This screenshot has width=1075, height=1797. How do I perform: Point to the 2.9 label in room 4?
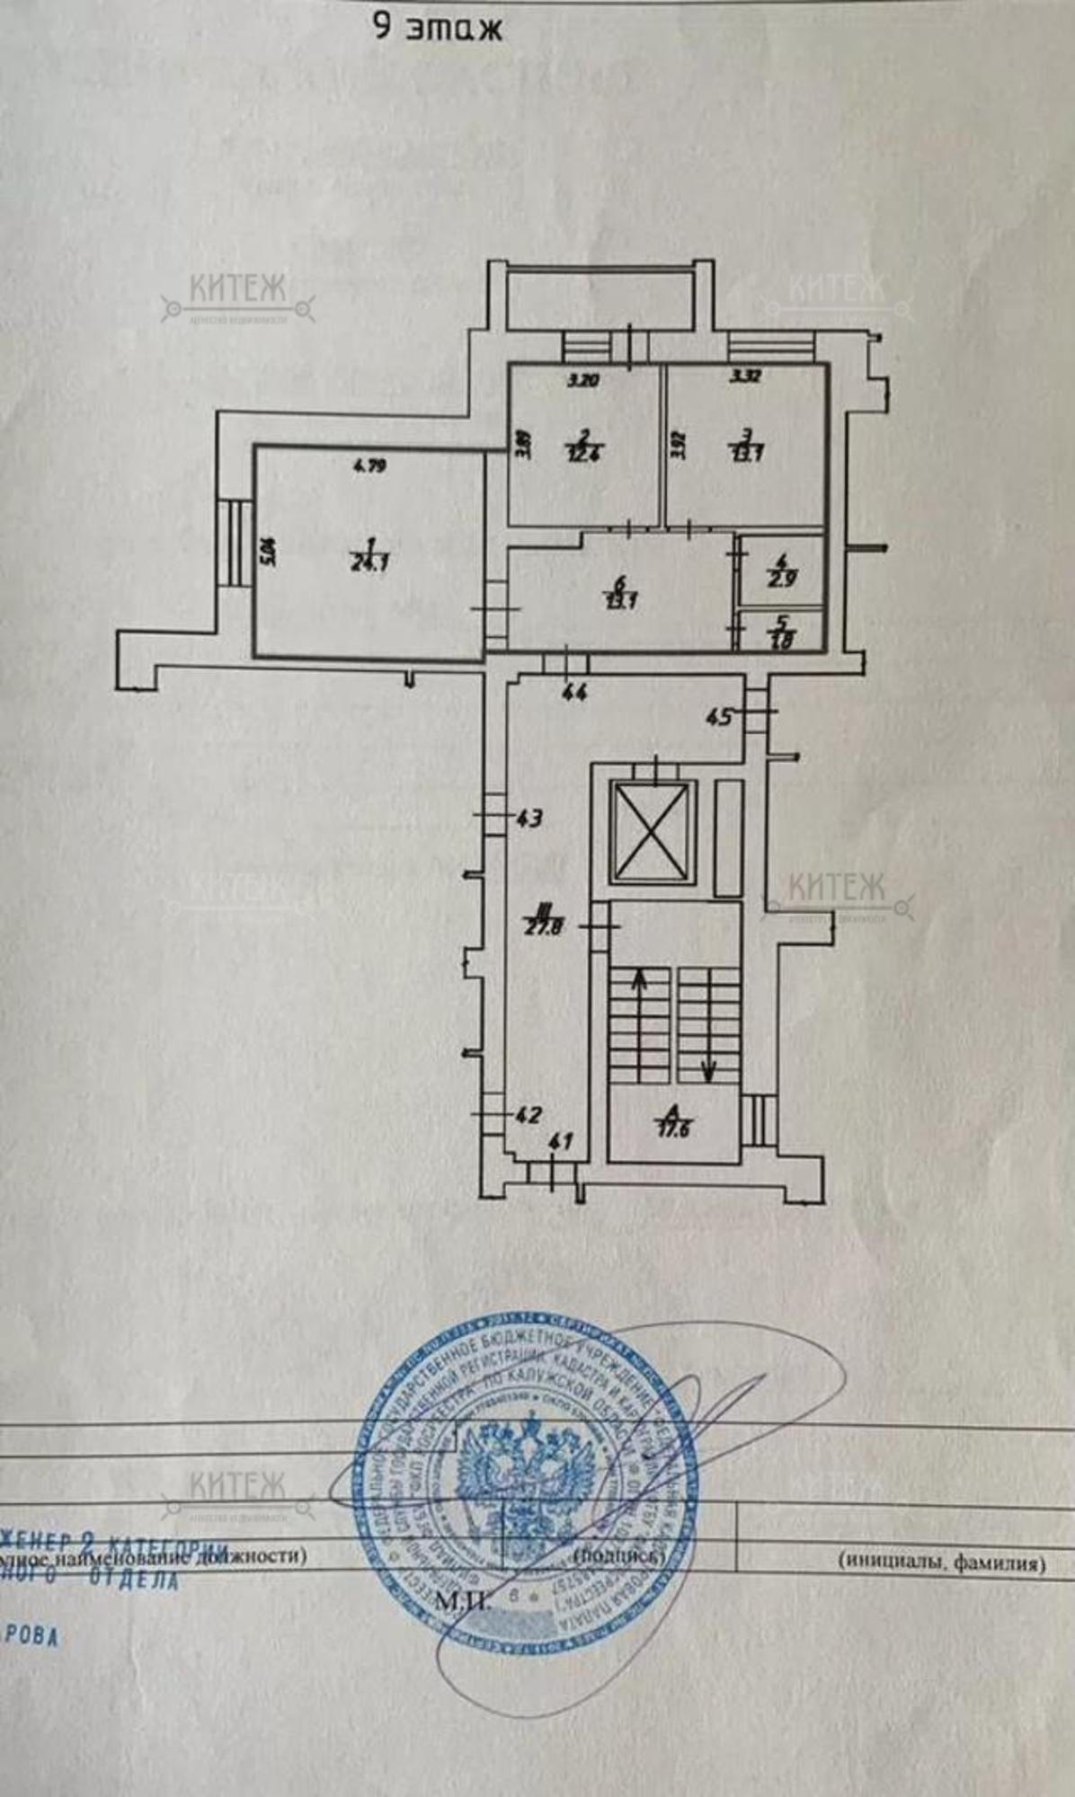pos(782,579)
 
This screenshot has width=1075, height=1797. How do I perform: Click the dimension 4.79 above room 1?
pos(369,465)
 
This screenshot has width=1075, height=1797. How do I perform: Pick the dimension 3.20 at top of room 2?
pos(583,380)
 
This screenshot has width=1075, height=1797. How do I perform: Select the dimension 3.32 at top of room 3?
pos(746,377)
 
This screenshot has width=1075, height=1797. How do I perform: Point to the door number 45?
pos(718,717)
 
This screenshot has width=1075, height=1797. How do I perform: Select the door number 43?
pos(530,819)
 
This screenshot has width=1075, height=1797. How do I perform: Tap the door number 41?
pos(560,1143)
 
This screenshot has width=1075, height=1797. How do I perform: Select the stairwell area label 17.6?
pos(671,1129)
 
